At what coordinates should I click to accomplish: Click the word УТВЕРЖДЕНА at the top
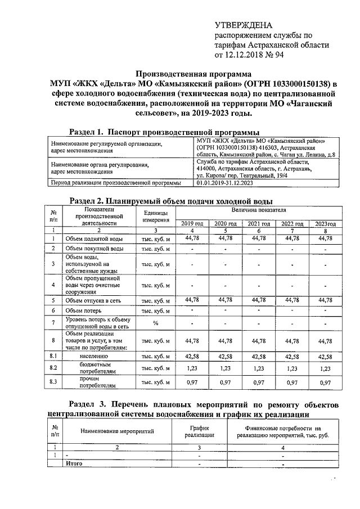(244, 25)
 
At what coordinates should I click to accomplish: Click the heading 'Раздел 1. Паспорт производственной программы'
(164, 131)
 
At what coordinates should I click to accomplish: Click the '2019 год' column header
(192, 223)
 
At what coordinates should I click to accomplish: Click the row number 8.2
(53, 368)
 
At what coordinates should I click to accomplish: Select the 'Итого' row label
(75, 463)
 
